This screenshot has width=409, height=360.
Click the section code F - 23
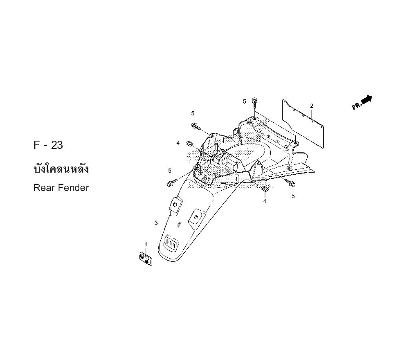[48, 145]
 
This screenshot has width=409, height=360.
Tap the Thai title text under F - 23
[61, 169]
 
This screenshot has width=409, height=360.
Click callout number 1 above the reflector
[146, 245]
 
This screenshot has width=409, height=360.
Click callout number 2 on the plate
[312, 106]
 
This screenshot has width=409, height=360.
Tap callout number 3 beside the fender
[156, 223]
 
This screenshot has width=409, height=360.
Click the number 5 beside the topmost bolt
[244, 101]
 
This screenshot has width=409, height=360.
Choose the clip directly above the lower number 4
[265, 188]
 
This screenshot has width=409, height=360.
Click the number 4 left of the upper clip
[178, 143]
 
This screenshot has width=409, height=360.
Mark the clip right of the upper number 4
[189, 143]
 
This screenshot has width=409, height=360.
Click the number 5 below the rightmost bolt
[293, 196]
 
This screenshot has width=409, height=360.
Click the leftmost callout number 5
[169, 171]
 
